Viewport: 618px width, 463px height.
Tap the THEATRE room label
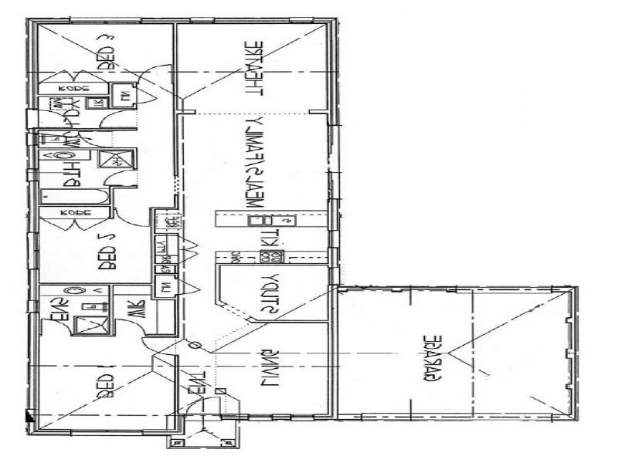coord(254,67)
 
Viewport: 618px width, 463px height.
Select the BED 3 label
coord(107,53)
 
